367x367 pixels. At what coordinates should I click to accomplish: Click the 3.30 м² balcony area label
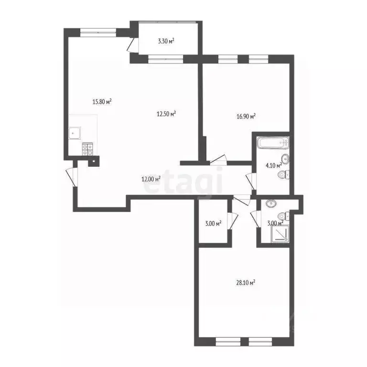[166, 42]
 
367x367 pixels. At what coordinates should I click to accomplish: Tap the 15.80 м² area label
[102, 101]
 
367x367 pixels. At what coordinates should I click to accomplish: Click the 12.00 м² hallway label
[150, 179]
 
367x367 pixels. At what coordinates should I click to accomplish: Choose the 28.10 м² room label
[246, 282]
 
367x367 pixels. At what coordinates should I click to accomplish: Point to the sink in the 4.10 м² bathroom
[285, 159]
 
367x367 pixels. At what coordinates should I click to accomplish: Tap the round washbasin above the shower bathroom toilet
[271, 203]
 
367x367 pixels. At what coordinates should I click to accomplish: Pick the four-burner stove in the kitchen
[87, 150]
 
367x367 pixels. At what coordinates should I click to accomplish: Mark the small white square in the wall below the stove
[94, 161]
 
